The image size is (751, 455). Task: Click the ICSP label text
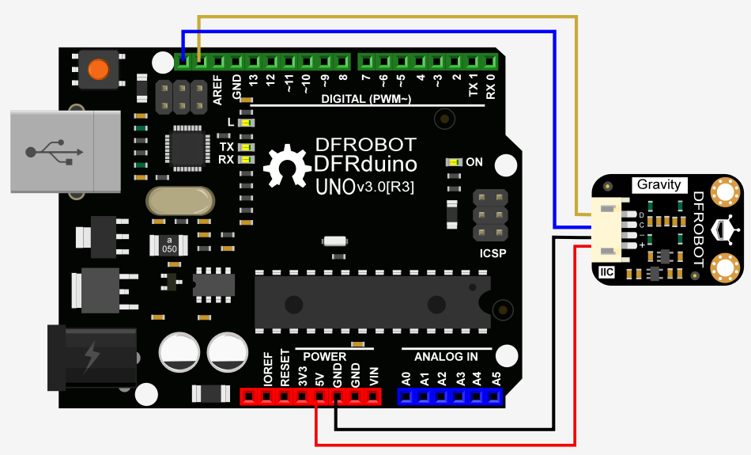[492, 254]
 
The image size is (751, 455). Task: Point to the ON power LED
[455, 162]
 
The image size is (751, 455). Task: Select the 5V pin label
[319, 377]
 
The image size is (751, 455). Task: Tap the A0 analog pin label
[406, 377]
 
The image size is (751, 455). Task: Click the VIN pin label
[374, 376]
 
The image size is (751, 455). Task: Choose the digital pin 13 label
[254, 80]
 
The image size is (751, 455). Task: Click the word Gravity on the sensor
[659, 184]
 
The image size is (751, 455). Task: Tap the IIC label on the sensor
[607, 272]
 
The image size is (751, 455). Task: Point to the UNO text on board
[334, 188]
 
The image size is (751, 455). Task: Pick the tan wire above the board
[379, 17]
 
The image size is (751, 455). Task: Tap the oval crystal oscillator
[180, 201]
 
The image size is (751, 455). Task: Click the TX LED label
[226, 147]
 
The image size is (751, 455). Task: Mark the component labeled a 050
[169, 245]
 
